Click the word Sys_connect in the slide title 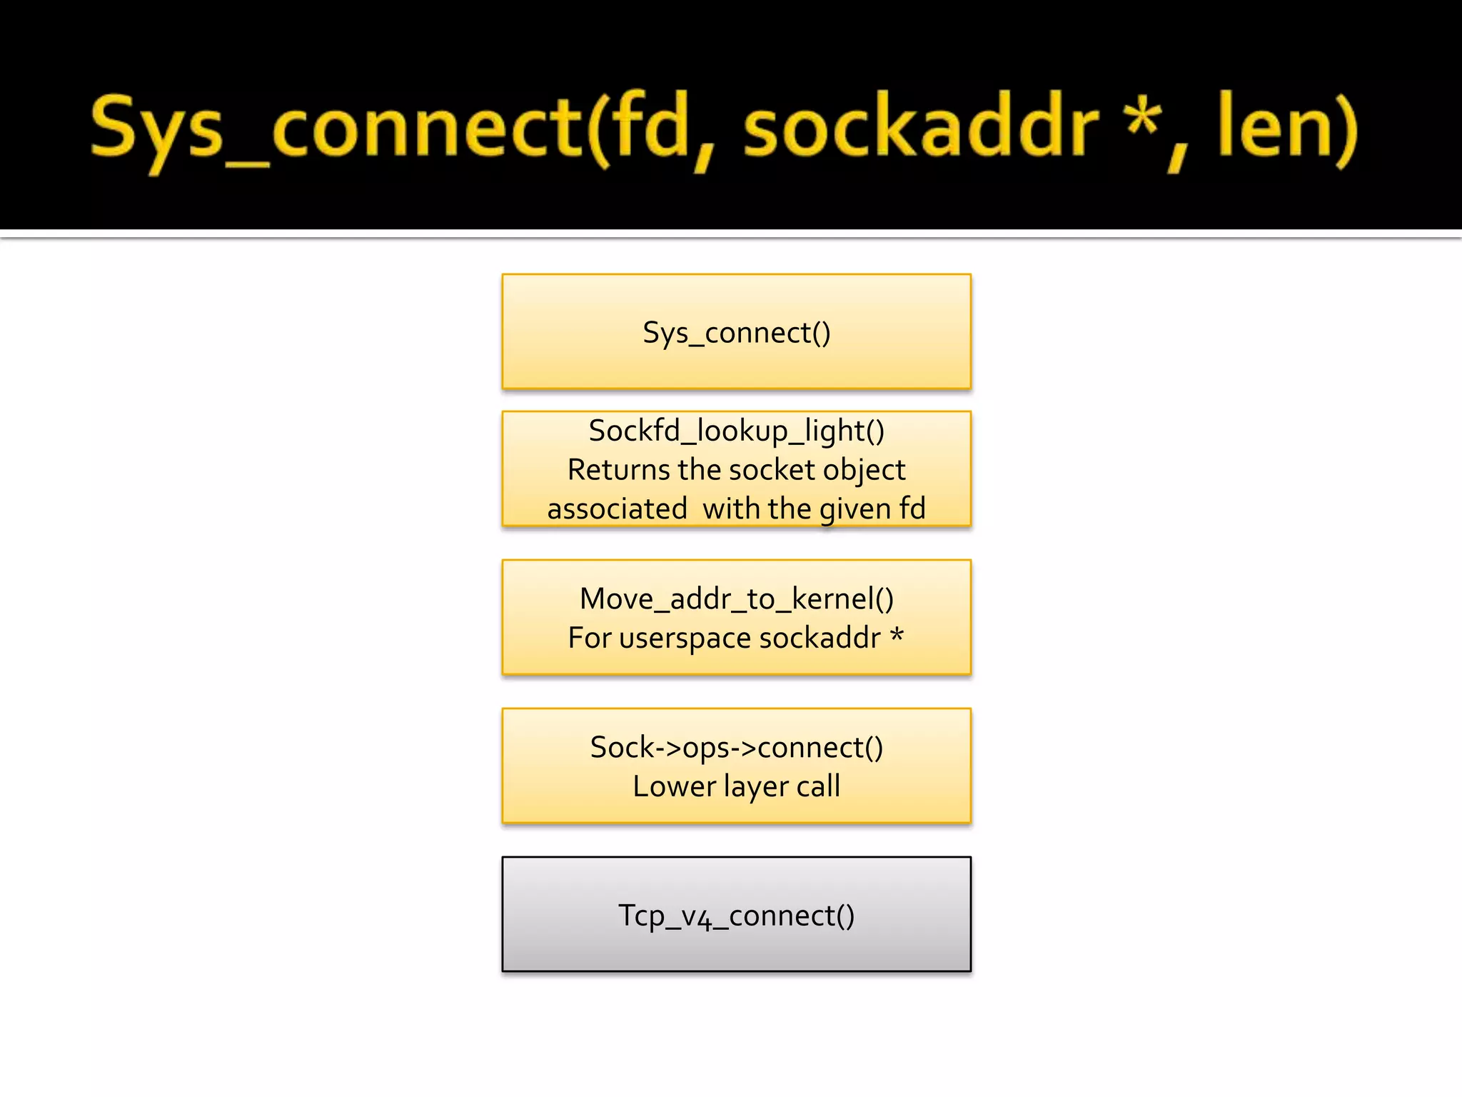click(336, 129)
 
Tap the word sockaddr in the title click(921, 129)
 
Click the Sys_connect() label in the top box click(736, 333)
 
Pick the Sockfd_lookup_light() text click(736, 431)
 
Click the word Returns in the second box click(619, 470)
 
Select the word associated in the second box click(617, 509)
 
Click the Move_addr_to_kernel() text click(736, 599)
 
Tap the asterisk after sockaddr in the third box click(897, 634)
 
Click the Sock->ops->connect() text click(736, 748)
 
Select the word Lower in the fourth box click(674, 786)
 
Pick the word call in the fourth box click(818, 786)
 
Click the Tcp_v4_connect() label click(736, 916)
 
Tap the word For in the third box click(589, 638)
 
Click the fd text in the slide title click(653, 129)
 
